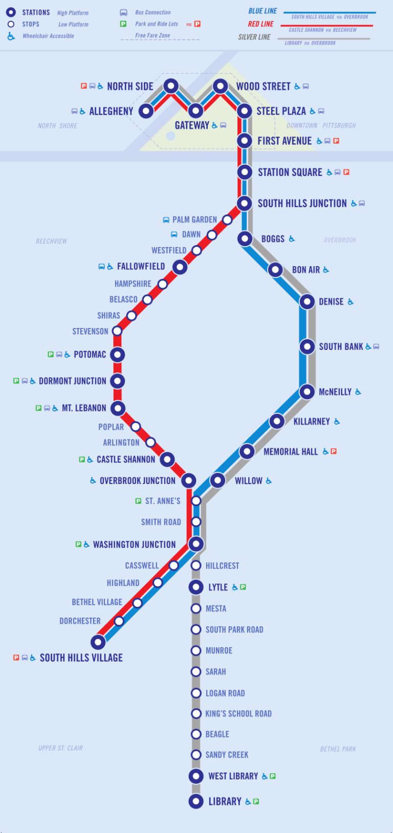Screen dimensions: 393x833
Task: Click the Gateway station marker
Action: click(195, 110)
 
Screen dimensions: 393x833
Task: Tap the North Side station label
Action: click(130, 86)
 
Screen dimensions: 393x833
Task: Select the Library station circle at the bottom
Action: click(196, 801)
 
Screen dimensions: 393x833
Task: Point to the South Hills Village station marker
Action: click(98, 642)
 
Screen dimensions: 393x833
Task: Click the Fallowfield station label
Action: click(141, 266)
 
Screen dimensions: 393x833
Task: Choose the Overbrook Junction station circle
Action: click(189, 480)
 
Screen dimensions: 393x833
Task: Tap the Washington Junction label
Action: click(134, 544)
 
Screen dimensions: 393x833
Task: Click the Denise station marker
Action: click(307, 301)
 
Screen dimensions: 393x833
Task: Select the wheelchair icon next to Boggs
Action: click(292, 238)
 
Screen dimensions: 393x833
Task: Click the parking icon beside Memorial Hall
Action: click(334, 451)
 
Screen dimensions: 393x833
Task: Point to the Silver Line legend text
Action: click(254, 37)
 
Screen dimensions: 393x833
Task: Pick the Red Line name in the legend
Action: click(260, 24)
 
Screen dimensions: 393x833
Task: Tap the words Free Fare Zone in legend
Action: click(152, 35)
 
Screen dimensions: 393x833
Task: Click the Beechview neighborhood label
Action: click(51, 241)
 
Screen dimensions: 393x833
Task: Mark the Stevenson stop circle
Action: click(117, 331)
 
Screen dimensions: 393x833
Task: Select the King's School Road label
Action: click(238, 713)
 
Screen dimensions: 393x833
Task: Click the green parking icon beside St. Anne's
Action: click(138, 501)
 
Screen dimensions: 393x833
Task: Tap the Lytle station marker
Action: click(196, 587)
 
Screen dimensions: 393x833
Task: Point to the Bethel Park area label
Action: click(338, 749)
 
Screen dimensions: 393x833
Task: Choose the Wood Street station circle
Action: click(220, 86)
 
